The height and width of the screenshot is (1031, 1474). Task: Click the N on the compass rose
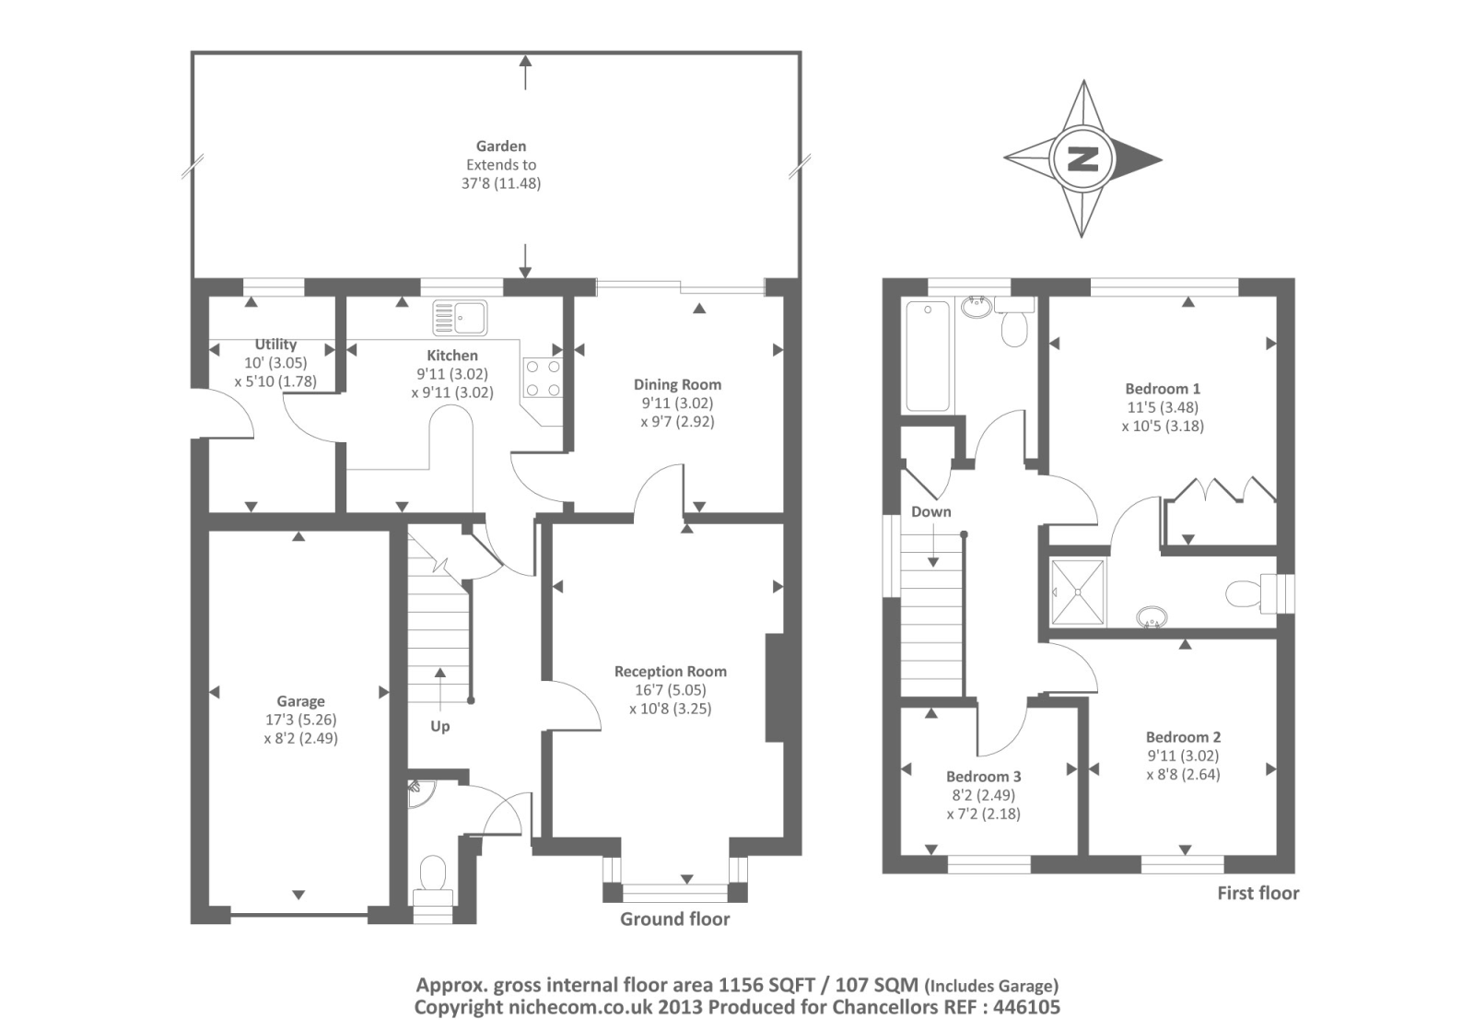point(1082,159)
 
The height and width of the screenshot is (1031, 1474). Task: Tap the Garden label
point(501,146)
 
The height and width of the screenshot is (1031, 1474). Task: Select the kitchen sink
point(460,318)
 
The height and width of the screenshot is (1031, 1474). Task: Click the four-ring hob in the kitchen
point(543,378)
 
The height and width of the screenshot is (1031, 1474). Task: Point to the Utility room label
point(275,344)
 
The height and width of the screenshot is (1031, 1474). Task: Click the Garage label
point(300,701)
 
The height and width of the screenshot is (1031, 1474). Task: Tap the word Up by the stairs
point(440,726)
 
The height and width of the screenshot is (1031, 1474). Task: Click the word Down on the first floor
point(931,512)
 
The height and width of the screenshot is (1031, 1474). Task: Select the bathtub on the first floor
point(928,356)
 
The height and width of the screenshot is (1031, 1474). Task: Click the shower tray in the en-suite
point(1078,592)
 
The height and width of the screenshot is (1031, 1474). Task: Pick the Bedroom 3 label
point(984,777)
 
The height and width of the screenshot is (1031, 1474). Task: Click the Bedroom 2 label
point(1183,737)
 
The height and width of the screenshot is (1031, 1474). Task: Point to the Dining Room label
point(678,385)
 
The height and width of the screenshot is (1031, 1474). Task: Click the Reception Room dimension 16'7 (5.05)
point(670,690)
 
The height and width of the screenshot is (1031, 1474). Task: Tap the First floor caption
point(1258,894)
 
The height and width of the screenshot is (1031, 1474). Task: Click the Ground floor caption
point(675,920)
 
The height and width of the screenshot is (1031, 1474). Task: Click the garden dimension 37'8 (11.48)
point(501,183)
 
